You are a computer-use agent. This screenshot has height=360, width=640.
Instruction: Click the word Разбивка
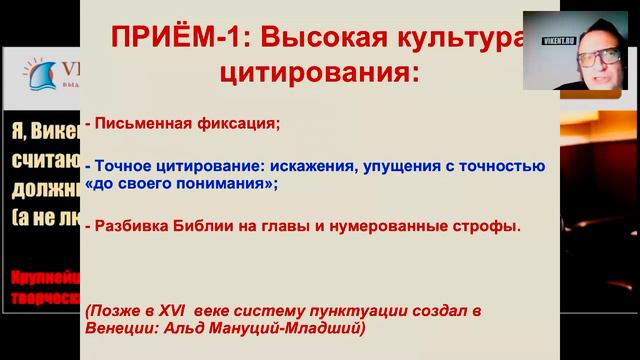tap(128, 226)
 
